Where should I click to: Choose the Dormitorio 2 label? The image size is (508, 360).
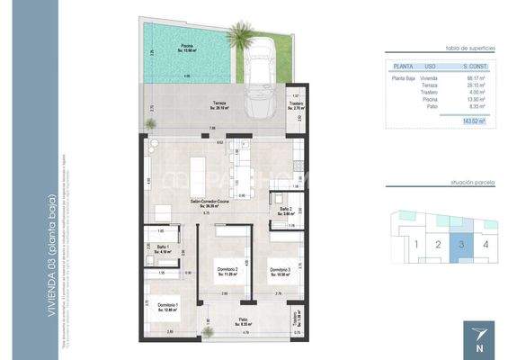[227, 271]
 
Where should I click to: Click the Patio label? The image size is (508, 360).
[243, 320]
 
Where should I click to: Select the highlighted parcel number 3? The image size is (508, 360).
[461, 243]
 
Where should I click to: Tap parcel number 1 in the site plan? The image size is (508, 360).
[414, 243]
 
